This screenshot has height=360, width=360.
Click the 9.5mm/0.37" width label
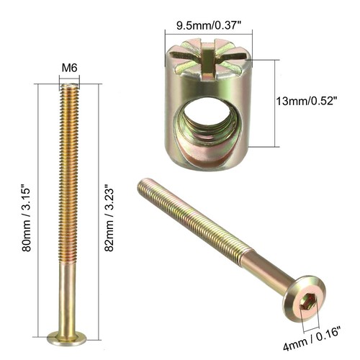pos(209,27)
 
